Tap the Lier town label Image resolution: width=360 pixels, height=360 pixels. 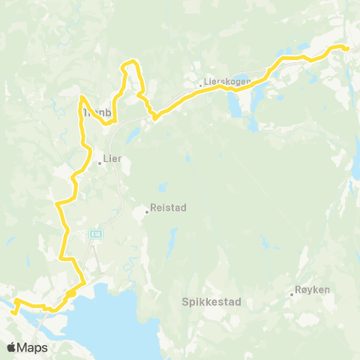112,158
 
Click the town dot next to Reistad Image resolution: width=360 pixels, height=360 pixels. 146,211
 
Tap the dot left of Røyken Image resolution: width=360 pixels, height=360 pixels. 292,294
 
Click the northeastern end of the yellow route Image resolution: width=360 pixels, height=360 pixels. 348,49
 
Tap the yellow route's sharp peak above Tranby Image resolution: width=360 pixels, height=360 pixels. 81,97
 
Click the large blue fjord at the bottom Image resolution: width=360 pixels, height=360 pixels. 105,315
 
